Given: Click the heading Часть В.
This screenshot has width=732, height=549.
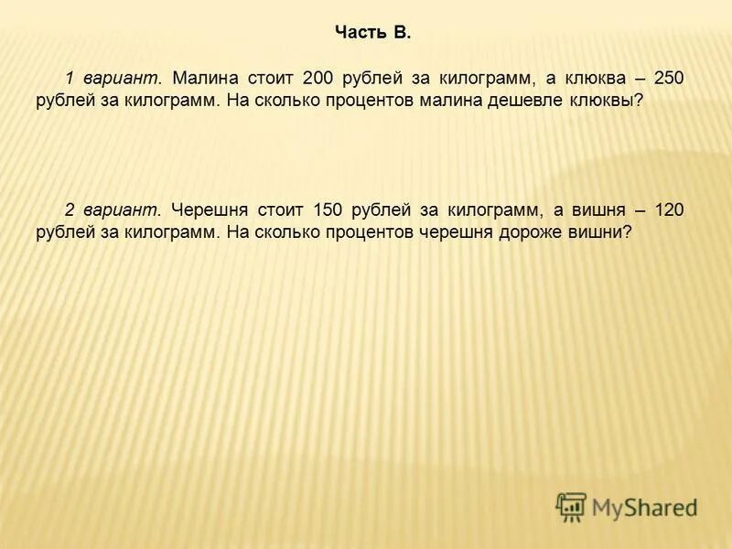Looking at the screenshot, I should (x=373, y=34).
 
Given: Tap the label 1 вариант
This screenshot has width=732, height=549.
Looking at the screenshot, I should (x=113, y=79).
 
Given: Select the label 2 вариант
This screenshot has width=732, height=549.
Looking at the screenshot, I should (x=113, y=210).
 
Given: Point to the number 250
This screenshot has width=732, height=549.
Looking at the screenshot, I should (x=668, y=79).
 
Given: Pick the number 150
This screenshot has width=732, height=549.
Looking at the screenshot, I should (x=326, y=210).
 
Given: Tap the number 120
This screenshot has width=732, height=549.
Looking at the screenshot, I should (x=668, y=210).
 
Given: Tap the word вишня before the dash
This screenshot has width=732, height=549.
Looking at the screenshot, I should (x=599, y=210).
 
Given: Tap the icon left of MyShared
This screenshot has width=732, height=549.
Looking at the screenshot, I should (x=572, y=506).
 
